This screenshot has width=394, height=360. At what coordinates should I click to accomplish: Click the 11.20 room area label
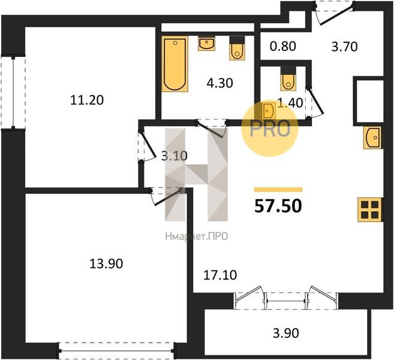pos(87,100)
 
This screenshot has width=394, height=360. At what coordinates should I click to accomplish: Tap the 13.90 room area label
pos(106,264)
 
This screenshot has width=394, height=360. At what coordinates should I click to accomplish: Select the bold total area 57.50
pos(278,206)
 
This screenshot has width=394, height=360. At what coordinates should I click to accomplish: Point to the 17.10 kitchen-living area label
pos(220,275)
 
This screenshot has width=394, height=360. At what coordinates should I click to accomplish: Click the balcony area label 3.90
pos(285,333)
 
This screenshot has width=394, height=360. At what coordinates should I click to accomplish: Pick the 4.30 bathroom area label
pos(219,83)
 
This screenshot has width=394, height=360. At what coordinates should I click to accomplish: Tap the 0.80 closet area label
pos(282,46)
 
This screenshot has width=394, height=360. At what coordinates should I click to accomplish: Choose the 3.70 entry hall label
pos(344,47)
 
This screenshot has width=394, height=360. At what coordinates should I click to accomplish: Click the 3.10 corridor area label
pos(175,156)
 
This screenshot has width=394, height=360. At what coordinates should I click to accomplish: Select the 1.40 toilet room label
pos(290,103)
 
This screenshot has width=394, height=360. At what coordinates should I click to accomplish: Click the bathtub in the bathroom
pos(175,64)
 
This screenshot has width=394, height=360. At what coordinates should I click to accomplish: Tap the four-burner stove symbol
pos(370,209)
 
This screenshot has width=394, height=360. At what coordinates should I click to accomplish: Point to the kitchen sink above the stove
pos(372,138)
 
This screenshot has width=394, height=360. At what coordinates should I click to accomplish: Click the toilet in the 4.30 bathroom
pos(237,48)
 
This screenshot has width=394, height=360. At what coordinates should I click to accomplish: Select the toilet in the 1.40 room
pos(288,79)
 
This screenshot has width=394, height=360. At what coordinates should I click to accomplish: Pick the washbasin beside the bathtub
pos(206,44)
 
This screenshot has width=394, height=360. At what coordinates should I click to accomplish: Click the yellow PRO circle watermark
pos(270,128)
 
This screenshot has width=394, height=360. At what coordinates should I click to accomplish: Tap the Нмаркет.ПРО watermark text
pos(197,236)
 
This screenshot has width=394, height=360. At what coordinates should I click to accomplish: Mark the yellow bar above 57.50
pos(278,190)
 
